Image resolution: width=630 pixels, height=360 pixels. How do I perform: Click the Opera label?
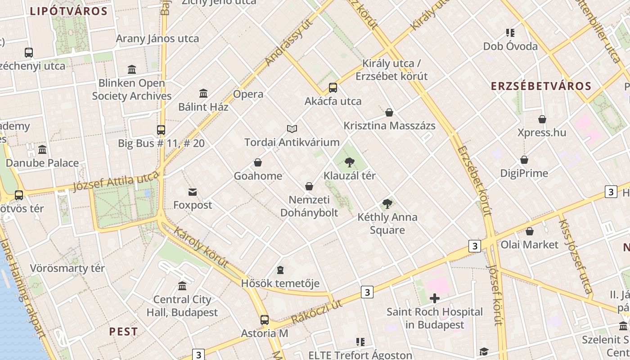coord(248,94)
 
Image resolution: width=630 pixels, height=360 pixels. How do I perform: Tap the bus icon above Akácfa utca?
coord(333,88)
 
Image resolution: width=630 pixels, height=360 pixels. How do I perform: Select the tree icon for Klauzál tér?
coord(349,162)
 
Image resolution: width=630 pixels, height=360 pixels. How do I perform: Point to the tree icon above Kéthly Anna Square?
coord(387,204)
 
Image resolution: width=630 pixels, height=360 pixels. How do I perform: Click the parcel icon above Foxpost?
coord(193,192)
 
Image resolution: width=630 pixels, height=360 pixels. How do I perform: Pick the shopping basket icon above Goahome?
coord(258,162)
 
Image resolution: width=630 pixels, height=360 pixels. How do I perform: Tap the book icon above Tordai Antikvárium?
coord(292,129)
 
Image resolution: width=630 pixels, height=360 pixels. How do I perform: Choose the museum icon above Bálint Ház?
coord(203,94)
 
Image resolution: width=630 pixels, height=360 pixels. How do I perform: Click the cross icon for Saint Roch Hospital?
coord(434,298)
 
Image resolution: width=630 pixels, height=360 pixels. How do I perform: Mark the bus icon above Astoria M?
coord(265,320)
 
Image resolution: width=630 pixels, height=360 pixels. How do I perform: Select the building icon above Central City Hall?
coord(182,286)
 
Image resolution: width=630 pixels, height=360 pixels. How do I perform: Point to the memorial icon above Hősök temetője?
coord(280,270)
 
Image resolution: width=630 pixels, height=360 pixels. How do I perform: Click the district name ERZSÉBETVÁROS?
coord(541,86)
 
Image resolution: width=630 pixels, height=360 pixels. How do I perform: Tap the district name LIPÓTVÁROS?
coord(69,11)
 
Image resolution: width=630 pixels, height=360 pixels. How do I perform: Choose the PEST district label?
coord(123,332)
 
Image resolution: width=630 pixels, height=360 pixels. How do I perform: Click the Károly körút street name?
coord(201,247)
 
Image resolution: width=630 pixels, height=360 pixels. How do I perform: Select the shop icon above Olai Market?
coord(530,231)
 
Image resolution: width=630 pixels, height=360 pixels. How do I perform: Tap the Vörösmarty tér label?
coord(67,268)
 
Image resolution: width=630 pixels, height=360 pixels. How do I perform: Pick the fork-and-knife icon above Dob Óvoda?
coord(510,33)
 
